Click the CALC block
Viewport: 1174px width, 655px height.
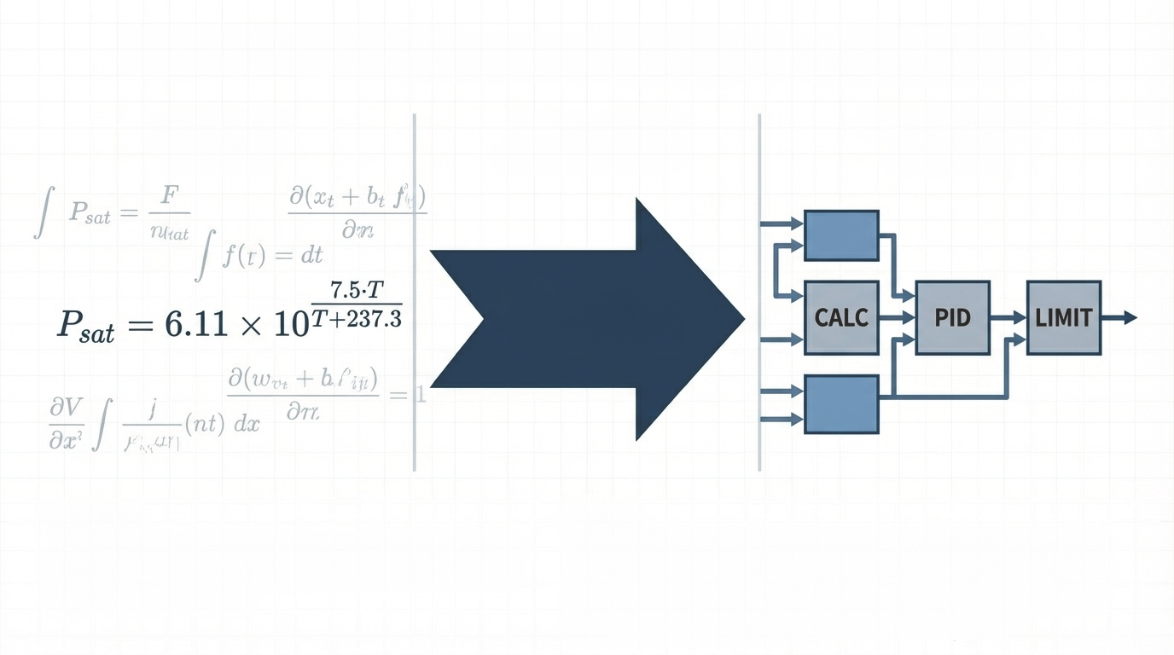coord(841,318)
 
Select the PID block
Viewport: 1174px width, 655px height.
coord(952,318)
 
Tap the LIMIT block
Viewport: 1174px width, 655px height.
coord(1063,318)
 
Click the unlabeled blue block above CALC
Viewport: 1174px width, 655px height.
coord(841,235)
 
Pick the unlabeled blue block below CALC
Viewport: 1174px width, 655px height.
coord(841,403)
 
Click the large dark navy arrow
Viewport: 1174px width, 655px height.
coord(589,319)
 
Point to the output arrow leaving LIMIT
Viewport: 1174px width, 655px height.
coord(1119,318)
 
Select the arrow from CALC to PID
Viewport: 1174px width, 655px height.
coord(897,318)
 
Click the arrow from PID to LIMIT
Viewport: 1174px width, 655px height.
coord(1008,318)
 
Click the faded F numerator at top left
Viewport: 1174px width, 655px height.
coord(168,197)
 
